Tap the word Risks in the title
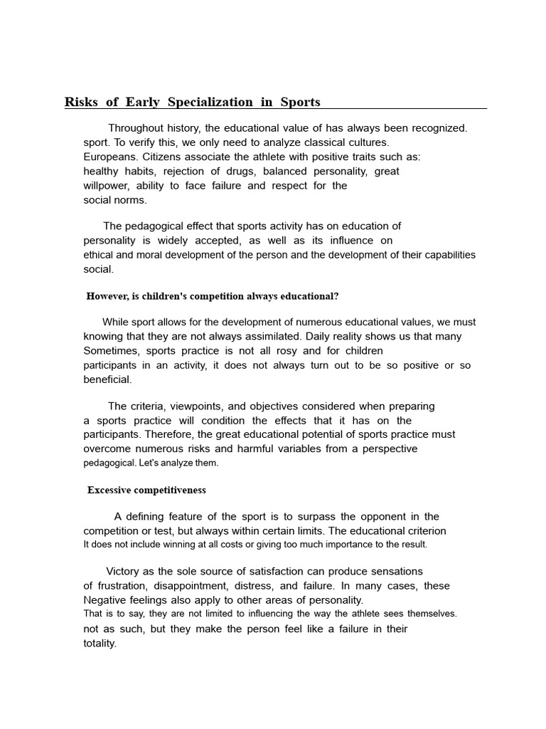click(x=81, y=102)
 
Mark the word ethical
click(x=99, y=255)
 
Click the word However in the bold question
click(x=107, y=296)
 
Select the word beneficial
click(x=107, y=379)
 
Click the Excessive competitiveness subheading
click(x=146, y=490)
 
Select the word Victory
click(x=125, y=571)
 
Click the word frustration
click(x=122, y=586)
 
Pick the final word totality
click(x=100, y=644)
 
